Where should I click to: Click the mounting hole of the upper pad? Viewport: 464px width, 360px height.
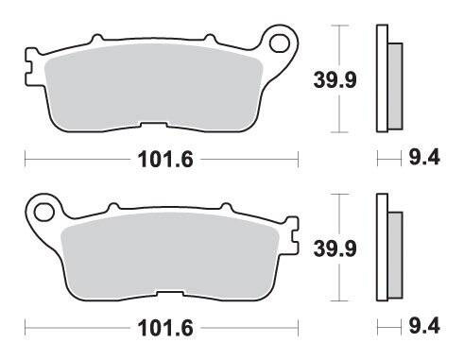coord(280,43)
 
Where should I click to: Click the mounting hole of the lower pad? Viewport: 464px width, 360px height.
coord(43,212)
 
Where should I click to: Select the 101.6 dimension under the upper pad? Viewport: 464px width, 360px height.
coord(165,160)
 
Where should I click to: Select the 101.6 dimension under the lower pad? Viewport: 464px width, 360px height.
coord(165,328)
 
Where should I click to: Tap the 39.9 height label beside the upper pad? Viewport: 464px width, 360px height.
coord(335,79)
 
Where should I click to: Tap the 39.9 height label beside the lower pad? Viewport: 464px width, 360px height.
coord(335,249)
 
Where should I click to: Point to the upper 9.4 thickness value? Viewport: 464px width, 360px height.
coord(424,158)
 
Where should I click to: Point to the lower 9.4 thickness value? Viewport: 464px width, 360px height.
coord(424,326)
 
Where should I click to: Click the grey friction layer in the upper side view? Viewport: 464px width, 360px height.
coord(395,86)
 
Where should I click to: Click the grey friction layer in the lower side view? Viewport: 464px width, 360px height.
coord(395,255)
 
